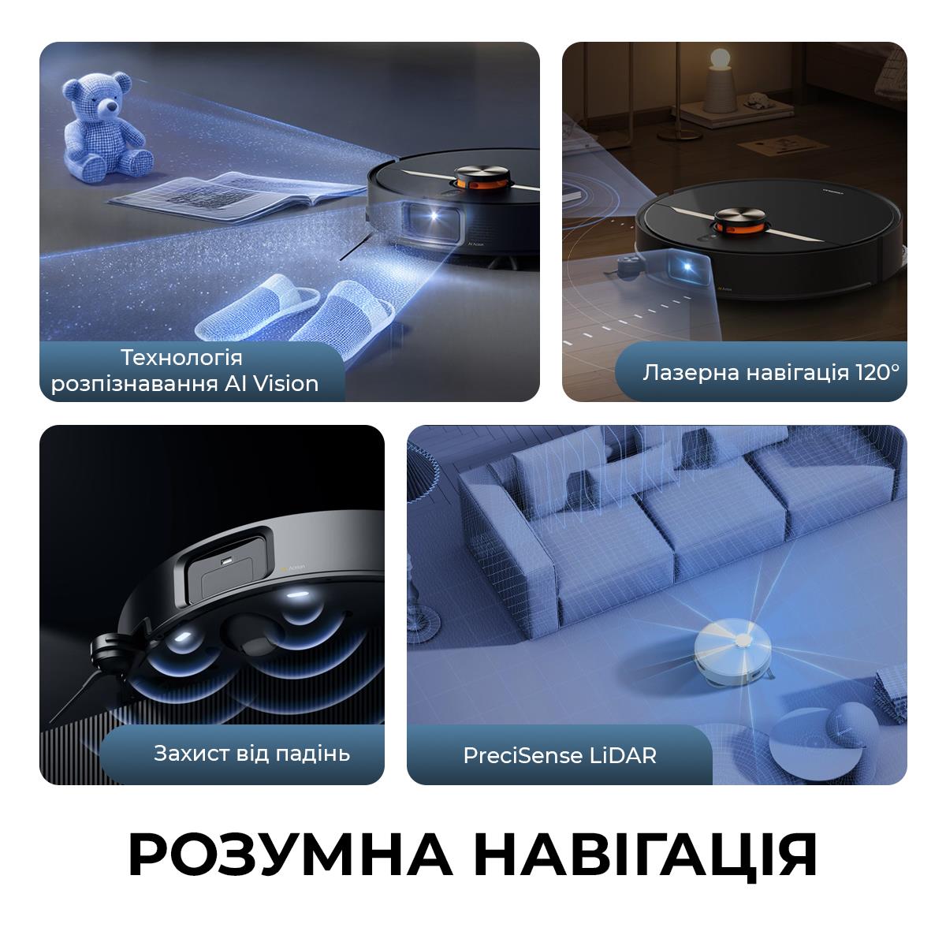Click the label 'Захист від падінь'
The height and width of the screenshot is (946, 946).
click(x=251, y=753)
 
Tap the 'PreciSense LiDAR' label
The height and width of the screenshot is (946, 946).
click(x=560, y=755)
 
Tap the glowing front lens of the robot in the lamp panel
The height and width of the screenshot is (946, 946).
click(x=696, y=268)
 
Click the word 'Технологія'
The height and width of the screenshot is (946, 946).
click(x=181, y=357)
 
